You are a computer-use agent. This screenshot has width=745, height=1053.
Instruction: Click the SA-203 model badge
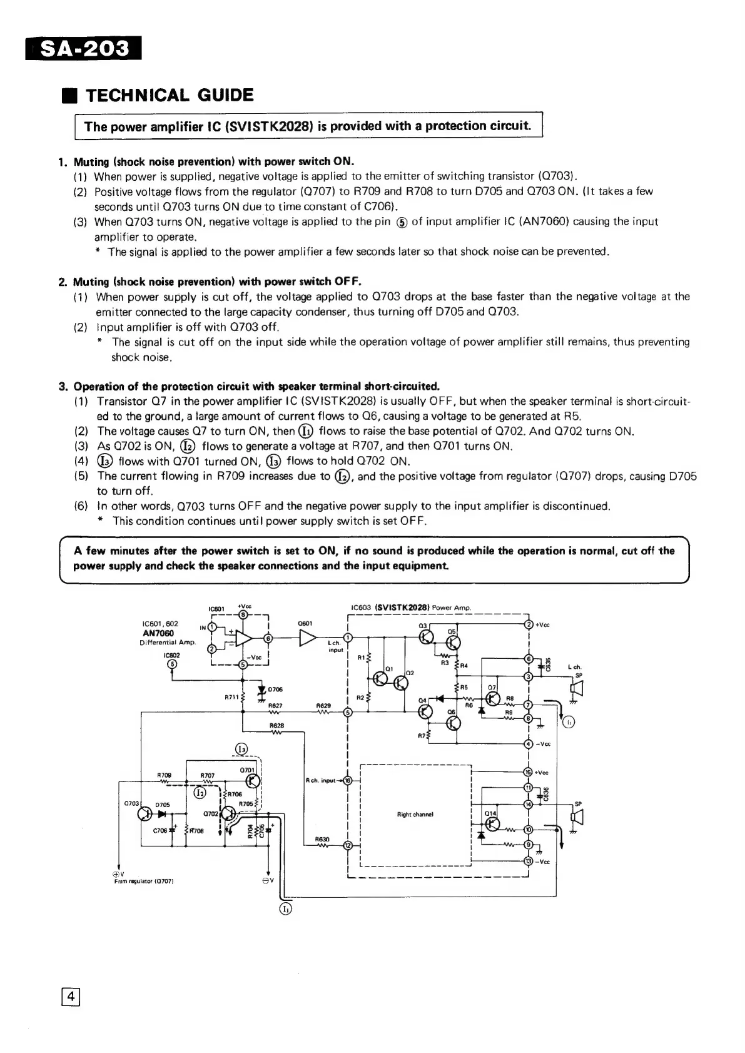tap(84, 49)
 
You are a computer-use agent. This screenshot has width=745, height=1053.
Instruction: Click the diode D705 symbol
tap(163, 814)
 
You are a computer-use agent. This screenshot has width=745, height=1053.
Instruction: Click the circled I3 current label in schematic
tap(242, 749)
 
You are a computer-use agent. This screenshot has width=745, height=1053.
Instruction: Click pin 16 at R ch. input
tap(348, 780)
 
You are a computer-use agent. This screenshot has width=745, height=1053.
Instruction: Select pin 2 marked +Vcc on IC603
tap(529, 624)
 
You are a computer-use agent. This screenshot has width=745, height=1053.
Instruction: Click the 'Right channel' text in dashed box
tap(415, 815)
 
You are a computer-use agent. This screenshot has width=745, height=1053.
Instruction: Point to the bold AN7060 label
tap(158, 633)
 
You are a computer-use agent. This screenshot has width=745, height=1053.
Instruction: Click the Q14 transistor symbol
tap(492, 823)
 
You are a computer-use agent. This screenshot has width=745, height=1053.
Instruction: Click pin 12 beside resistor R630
tap(348, 846)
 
